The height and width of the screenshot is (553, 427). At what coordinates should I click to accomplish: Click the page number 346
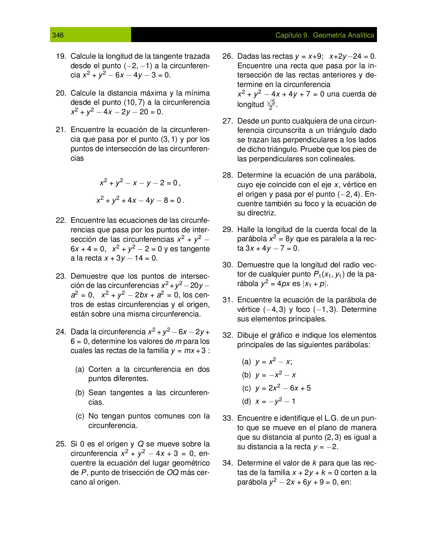click(58, 35)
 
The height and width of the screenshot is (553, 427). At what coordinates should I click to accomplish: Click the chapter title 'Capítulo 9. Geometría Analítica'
click(325, 35)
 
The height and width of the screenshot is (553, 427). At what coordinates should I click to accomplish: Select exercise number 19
click(61, 56)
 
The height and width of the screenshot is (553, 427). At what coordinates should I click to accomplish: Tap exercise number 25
click(61, 444)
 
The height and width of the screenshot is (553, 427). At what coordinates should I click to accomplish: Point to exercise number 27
click(227, 121)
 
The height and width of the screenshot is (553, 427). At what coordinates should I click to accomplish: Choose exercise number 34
click(227, 463)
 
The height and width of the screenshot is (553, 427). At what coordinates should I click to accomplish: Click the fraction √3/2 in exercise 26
click(271, 104)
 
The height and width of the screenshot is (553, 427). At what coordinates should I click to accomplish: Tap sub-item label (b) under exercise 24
click(80, 393)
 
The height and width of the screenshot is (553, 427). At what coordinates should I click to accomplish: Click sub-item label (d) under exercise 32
click(246, 401)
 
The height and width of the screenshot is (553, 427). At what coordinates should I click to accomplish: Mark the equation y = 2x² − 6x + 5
click(283, 388)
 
